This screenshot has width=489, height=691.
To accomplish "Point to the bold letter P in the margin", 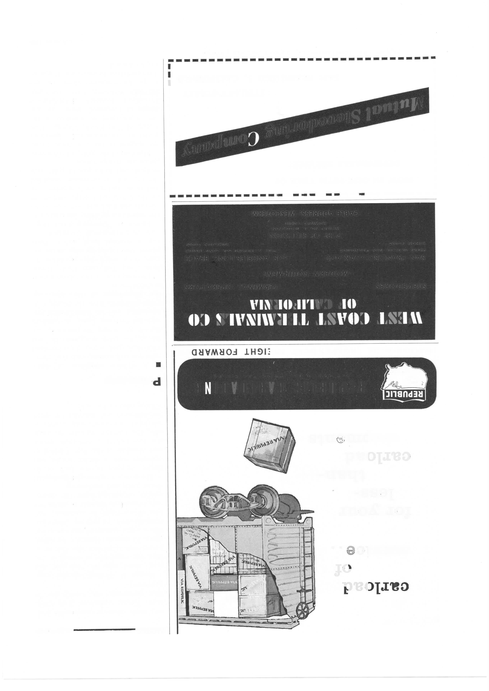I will (157, 383).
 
